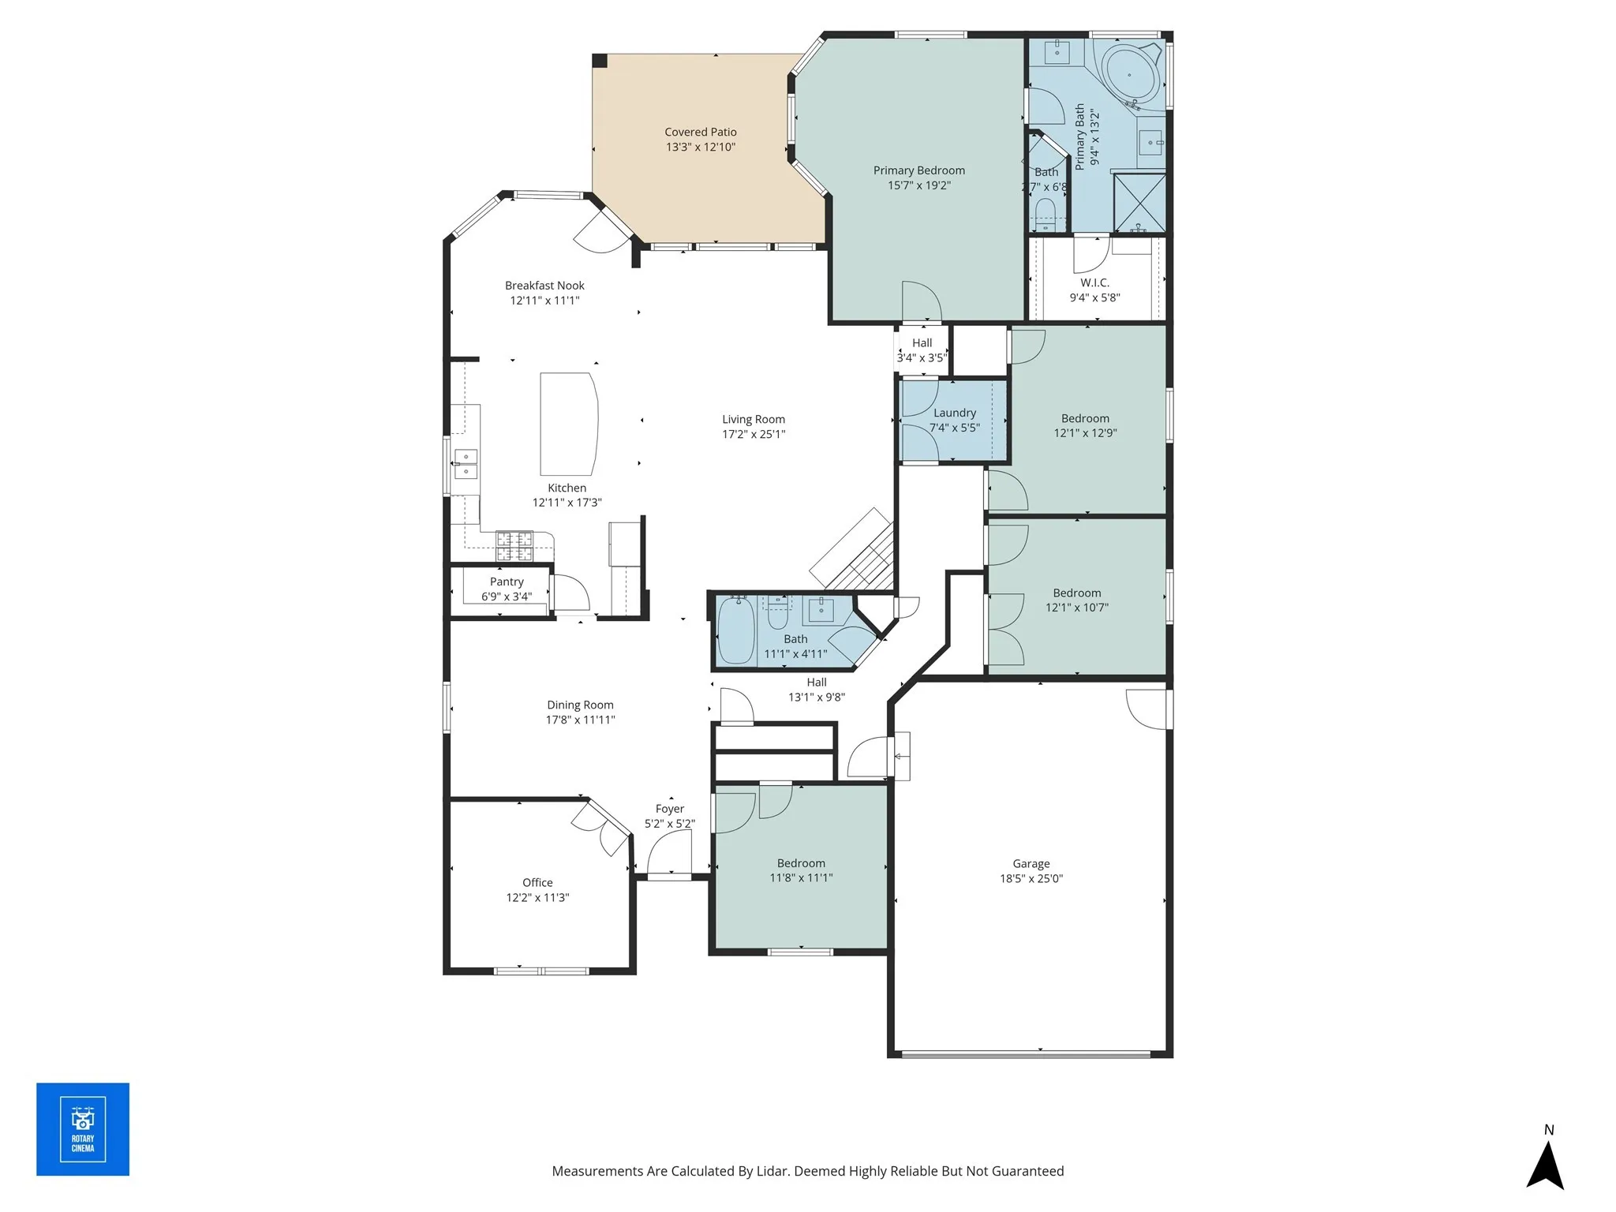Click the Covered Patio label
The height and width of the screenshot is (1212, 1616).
click(x=700, y=132)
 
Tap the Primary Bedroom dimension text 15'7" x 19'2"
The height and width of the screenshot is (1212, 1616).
click(x=918, y=185)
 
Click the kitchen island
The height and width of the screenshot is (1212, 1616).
click(x=568, y=424)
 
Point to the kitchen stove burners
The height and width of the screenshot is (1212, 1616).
click(x=514, y=546)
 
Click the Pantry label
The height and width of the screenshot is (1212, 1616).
click(x=507, y=582)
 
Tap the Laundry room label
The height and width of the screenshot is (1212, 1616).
click(x=954, y=413)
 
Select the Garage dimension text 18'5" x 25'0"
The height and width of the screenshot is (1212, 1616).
click(x=1031, y=878)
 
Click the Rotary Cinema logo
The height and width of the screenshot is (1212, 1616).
click(x=83, y=1129)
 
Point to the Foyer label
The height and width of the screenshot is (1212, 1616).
click(x=669, y=809)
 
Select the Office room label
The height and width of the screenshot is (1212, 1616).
click(x=537, y=882)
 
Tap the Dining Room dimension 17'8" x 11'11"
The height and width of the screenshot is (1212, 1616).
click(x=580, y=720)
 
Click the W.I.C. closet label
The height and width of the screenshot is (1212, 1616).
click(x=1094, y=282)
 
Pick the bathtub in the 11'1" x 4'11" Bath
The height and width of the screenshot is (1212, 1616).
click(x=735, y=631)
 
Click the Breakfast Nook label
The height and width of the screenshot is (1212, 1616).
click(x=544, y=286)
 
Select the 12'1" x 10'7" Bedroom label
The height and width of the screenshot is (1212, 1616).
click(x=1076, y=593)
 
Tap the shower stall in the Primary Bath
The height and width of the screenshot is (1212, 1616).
click(x=1139, y=202)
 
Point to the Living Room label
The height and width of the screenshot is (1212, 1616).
click(x=753, y=419)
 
